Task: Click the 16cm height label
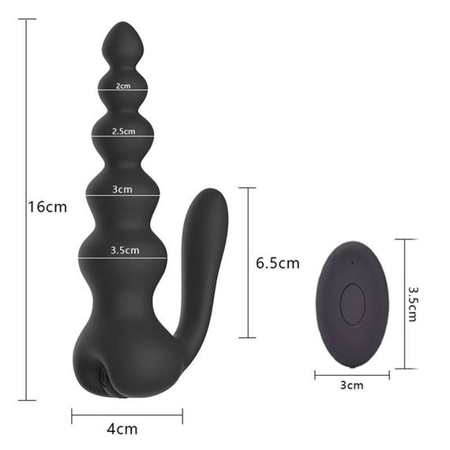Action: click(47, 207)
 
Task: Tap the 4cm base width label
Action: click(122, 429)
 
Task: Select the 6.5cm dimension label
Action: click(278, 263)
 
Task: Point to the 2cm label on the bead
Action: click(123, 86)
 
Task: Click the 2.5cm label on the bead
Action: click(123, 131)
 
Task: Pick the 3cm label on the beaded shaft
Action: click(122, 189)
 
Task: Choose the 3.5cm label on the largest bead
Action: click(125, 250)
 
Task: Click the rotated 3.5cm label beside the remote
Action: click(413, 304)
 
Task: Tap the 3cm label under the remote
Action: click(352, 385)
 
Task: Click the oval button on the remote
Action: click(352, 305)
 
